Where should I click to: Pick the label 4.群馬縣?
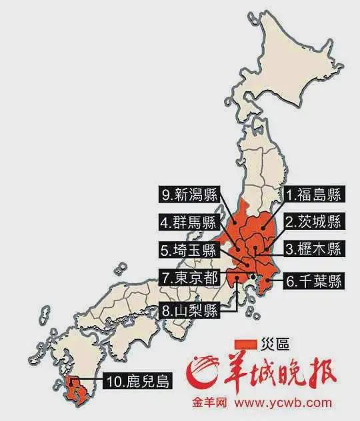pyautogui.click(x=188, y=222)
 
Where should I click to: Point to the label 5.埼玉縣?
pyautogui.click(x=188, y=250)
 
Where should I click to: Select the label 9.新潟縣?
pyautogui.click(x=188, y=195)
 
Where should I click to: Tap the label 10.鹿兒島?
pyautogui.click(x=137, y=382)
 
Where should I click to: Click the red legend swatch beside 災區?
pyautogui.click(x=244, y=343)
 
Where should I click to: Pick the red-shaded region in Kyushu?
pyautogui.click(x=75, y=390)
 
